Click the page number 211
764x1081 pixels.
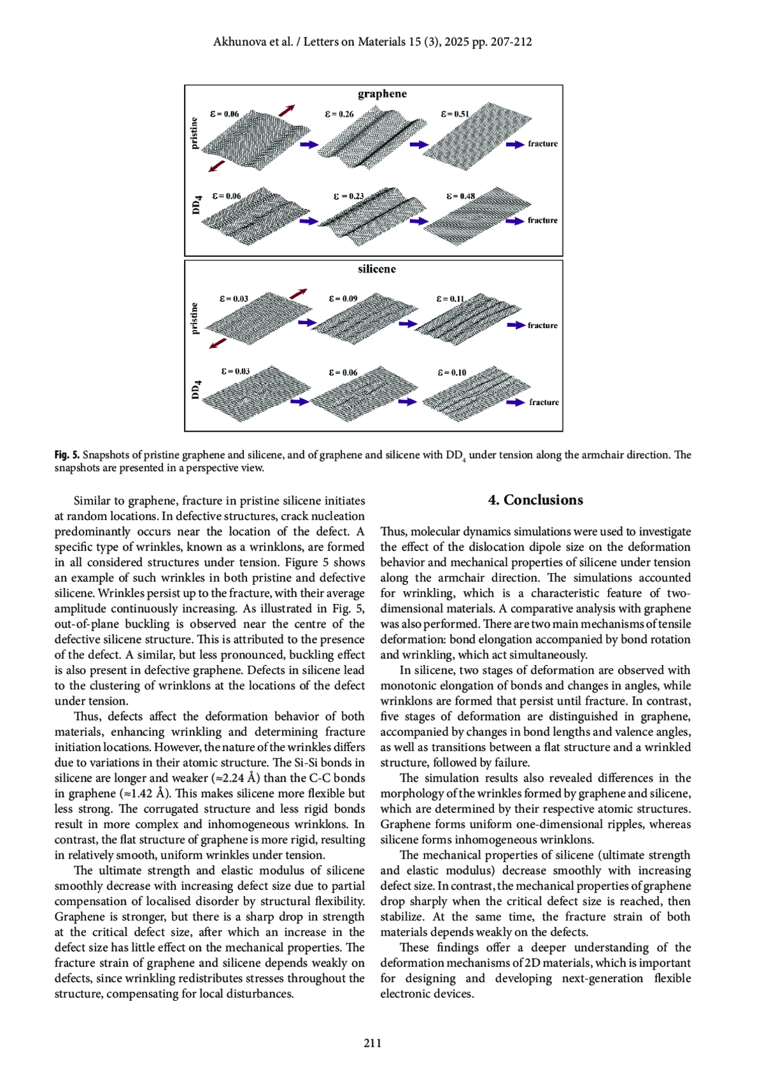pos(372,1043)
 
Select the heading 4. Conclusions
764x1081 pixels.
pos(535,500)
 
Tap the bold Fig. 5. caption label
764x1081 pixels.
pos(67,455)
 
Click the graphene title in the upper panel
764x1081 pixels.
pos(382,94)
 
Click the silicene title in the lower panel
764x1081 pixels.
pos(377,269)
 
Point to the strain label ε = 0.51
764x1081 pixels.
pos(455,114)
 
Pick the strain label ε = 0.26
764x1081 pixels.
pos(339,114)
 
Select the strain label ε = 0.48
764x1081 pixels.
pos(460,196)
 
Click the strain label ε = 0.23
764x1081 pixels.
pos(348,196)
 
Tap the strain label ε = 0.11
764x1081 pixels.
pos(451,298)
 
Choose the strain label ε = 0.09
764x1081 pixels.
pos(343,298)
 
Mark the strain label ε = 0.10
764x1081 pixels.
pos(452,372)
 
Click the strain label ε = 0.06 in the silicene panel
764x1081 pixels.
pos(343,372)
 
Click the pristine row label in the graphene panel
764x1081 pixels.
pos(194,133)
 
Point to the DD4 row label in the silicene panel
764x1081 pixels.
pos(197,389)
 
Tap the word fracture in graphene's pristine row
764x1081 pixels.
pos(542,144)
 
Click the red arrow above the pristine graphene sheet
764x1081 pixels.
pos(286,110)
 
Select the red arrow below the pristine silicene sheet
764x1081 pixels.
pos(218,343)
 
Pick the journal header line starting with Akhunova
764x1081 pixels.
pos(372,42)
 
